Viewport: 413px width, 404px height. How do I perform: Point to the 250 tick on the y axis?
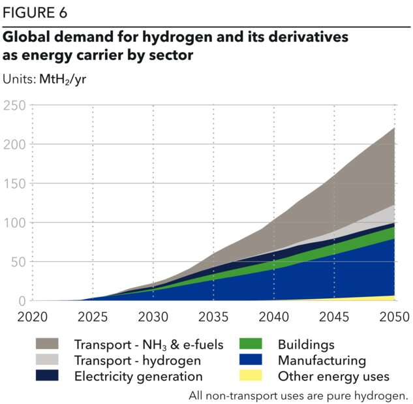(x=14, y=105)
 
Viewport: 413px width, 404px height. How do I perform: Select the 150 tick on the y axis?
(x=14, y=183)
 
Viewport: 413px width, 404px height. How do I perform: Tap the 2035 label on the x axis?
(x=213, y=317)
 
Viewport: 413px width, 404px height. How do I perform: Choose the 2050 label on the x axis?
(x=395, y=317)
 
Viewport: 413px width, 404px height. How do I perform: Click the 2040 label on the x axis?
(x=274, y=317)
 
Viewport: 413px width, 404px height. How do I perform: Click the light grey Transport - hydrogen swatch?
(x=46, y=360)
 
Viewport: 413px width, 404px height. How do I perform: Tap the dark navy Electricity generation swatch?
(x=46, y=375)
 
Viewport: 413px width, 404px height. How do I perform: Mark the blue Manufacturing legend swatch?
(x=251, y=360)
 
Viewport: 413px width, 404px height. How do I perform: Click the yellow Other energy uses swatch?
(x=251, y=375)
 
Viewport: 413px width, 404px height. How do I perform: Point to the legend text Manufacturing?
(x=322, y=360)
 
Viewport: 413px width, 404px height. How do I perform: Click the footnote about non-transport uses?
(x=298, y=395)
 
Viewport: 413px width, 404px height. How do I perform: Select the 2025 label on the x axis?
(x=93, y=317)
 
